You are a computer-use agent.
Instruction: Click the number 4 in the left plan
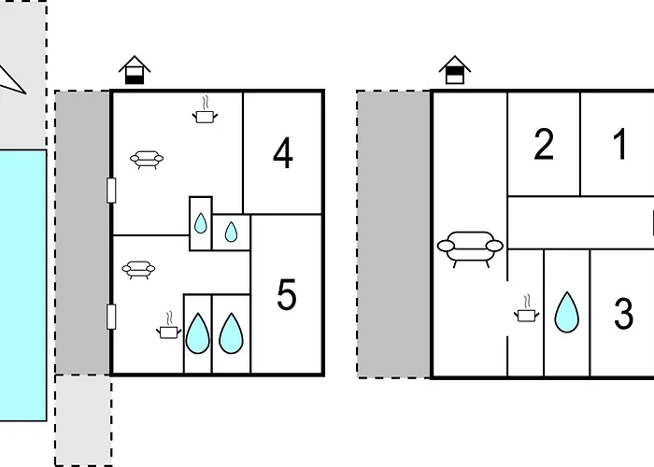(x=283, y=153)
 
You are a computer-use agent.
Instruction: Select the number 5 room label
(x=287, y=295)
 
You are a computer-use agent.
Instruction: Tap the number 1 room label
(x=620, y=144)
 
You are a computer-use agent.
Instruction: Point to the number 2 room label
(x=544, y=144)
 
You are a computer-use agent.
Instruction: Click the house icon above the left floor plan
(x=135, y=70)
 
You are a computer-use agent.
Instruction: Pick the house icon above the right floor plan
(x=455, y=70)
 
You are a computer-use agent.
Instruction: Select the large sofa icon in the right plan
(x=470, y=249)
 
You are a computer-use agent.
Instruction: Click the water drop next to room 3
(x=567, y=313)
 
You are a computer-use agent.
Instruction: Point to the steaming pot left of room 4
(x=205, y=110)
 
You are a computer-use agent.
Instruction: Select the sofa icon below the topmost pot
(x=147, y=160)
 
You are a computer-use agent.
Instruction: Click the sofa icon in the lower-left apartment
(x=138, y=270)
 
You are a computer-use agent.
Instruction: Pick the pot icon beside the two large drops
(x=169, y=325)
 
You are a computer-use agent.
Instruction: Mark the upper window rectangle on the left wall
(x=111, y=191)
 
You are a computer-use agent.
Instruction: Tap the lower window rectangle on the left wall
(x=111, y=317)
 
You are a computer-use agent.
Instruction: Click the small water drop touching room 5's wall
(x=231, y=232)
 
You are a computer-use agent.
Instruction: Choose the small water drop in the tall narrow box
(x=201, y=223)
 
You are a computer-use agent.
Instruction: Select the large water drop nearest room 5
(x=231, y=333)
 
